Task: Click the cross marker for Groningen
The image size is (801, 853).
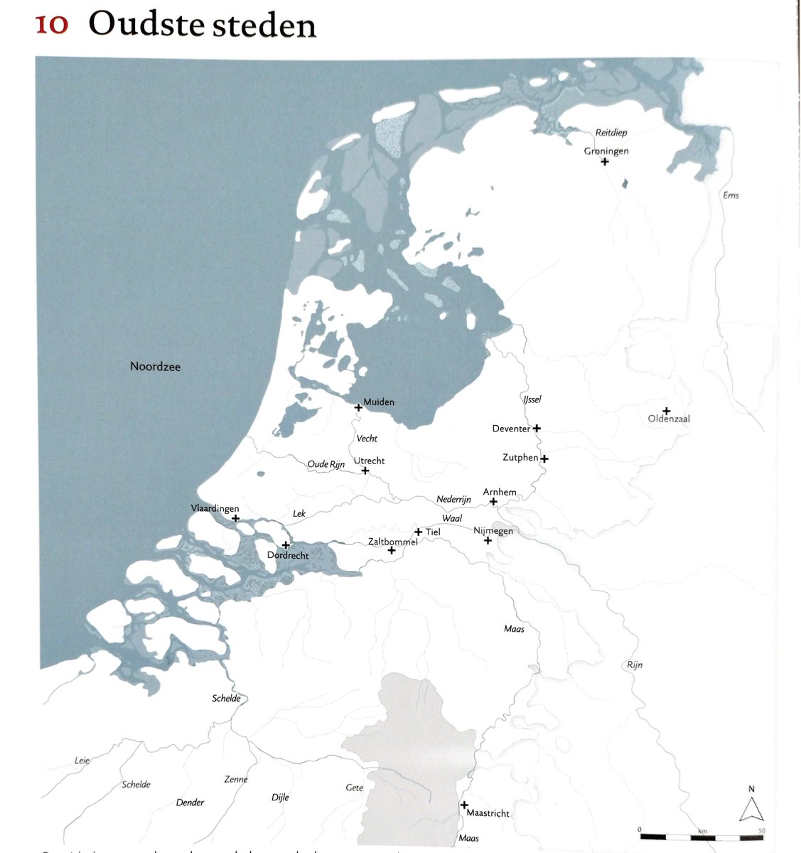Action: point(605,162)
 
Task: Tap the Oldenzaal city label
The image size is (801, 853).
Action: point(669,419)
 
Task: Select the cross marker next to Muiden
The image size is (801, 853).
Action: point(359,408)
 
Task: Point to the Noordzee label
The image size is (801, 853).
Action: point(155,367)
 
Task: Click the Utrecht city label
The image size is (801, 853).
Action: point(370,461)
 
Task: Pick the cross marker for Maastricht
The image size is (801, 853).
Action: point(464,805)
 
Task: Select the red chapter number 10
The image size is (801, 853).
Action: point(52,25)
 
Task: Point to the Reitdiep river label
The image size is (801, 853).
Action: point(611,133)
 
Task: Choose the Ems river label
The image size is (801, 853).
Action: point(731,195)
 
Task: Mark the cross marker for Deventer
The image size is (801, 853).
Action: point(537,429)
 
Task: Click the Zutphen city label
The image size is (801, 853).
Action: point(520,458)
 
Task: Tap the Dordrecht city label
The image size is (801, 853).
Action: point(288,555)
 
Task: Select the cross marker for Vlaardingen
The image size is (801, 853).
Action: point(236,519)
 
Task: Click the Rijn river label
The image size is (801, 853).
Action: point(635,665)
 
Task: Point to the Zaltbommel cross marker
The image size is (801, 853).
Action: point(392,551)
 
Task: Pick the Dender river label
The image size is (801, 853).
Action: point(190,803)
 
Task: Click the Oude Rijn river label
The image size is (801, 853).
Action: point(326,465)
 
